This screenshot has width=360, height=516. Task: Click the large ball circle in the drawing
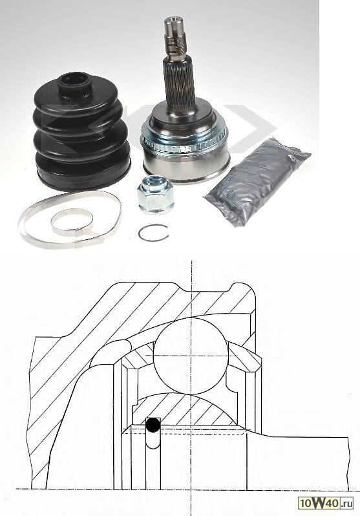pos(191,356)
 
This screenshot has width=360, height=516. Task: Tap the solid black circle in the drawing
pos(153,425)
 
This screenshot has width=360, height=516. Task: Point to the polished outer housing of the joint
pos(186,166)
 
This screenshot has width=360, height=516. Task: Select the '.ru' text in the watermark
pos(346,503)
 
